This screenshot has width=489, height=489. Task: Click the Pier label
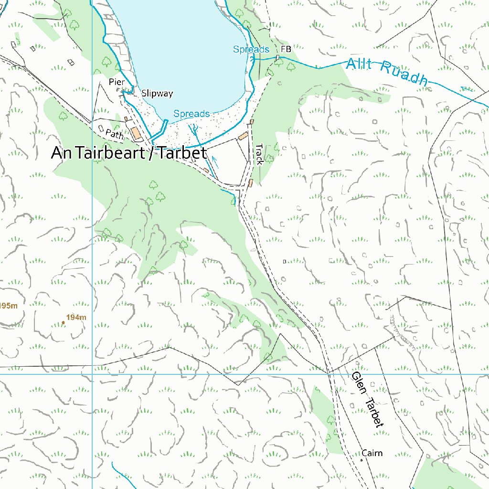[117, 82]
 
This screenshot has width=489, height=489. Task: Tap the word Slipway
[157, 94]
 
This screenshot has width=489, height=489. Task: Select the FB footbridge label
[286, 49]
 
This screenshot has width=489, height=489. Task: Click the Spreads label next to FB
[251, 49]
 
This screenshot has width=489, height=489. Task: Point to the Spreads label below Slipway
[191, 114]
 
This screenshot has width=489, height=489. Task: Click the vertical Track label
[259, 155]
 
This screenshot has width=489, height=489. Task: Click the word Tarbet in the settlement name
[182, 153]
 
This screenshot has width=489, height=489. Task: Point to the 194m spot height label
[76, 318]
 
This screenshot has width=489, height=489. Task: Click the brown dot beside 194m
[64, 323]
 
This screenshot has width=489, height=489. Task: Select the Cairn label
[372, 453]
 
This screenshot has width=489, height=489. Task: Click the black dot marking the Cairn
[361, 460]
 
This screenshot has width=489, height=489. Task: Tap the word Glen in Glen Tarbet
[358, 384]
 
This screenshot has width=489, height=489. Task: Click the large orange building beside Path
[136, 134]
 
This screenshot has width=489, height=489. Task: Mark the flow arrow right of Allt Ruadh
[466, 88]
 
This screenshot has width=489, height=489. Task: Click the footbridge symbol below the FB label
[277, 58]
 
